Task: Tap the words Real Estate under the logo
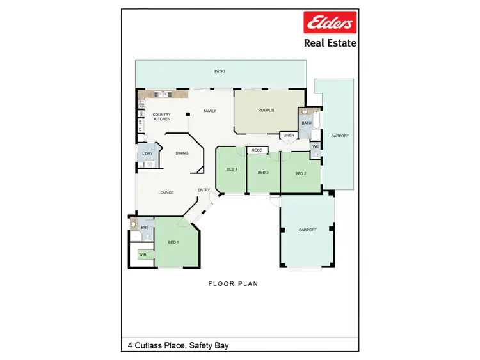pos(330,43)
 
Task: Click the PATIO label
pos(220,71)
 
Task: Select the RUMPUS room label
pos(266,110)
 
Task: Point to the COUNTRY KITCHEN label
pos(161,117)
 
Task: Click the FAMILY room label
pos(210,111)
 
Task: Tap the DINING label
pos(182,153)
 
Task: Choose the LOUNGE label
pos(166,192)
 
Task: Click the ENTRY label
pos(204,190)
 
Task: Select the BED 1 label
pos(173,242)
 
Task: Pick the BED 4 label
pos(232,169)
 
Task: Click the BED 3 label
pos(263,173)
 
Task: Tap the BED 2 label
pos(301,173)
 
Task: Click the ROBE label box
pos(257,150)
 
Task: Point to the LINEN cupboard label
pos(288,136)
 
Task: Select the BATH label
pos(306,123)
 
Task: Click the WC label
pos(316,146)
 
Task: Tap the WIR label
pos(142,254)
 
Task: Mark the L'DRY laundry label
pos(147,154)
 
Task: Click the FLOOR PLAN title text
pos(234,283)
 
